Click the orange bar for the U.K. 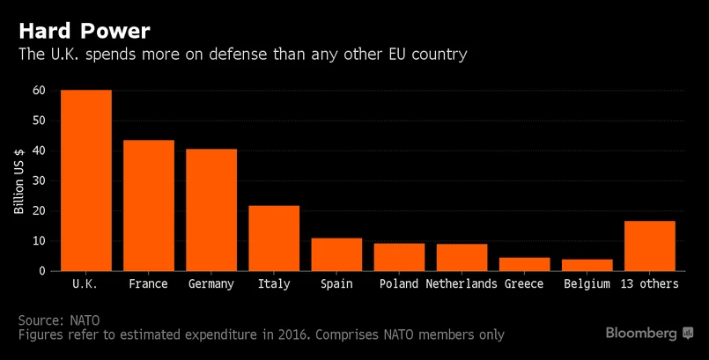click(x=85, y=180)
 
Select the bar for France click(x=148, y=206)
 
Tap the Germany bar click(x=210, y=210)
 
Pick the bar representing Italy click(x=273, y=239)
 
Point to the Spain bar click(x=336, y=254)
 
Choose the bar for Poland click(x=399, y=257)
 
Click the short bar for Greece click(x=524, y=264)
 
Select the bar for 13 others click(x=649, y=246)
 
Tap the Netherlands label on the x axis click(x=462, y=284)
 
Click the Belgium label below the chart click(x=587, y=284)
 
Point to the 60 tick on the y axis click(x=38, y=91)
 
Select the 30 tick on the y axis click(x=38, y=181)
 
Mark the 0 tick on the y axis click(x=41, y=271)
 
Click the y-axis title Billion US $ click(x=19, y=180)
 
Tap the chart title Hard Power click(x=85, y=31)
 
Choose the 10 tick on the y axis click(x=38, y=241)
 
